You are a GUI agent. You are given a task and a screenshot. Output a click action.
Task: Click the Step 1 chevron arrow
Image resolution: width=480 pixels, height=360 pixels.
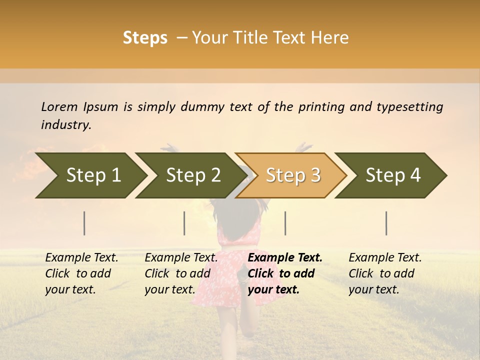pos(90,175)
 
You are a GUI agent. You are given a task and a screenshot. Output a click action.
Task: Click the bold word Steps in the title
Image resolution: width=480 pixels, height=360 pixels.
pos(145,38)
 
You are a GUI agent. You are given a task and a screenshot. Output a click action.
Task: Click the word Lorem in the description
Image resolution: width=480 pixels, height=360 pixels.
pos(59,106)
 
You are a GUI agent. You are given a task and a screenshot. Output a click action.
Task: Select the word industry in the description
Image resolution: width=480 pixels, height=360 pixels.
pos(65,125)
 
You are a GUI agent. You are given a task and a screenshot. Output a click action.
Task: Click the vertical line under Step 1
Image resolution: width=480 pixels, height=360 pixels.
pos(84,223)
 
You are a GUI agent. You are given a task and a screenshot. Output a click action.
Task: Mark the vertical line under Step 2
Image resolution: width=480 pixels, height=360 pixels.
pos(184,223)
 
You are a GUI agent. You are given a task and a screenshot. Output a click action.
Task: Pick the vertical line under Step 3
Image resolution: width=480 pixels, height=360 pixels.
pos(285,223)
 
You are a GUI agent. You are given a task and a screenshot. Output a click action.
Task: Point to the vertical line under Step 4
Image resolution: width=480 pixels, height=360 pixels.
pos(386,223)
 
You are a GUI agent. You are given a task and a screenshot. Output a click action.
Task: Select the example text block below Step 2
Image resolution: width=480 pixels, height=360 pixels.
pos(180,273)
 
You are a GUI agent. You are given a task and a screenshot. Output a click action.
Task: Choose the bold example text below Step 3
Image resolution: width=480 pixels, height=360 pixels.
pos(284,273)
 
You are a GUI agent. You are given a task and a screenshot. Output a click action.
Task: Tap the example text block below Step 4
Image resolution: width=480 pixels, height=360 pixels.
pos(384,273)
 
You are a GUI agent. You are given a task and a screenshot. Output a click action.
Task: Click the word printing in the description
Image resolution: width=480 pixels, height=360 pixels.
pos(319,107)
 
